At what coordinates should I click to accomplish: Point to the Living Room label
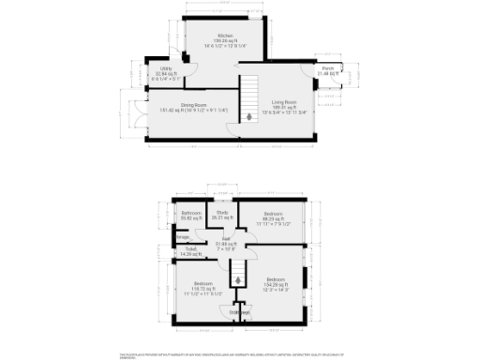284,101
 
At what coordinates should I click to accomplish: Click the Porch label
328,68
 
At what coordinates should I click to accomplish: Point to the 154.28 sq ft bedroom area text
276,285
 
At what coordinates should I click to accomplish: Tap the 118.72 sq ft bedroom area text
202,289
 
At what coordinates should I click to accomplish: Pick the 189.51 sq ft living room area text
284,107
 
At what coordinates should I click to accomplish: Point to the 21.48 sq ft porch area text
328,74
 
